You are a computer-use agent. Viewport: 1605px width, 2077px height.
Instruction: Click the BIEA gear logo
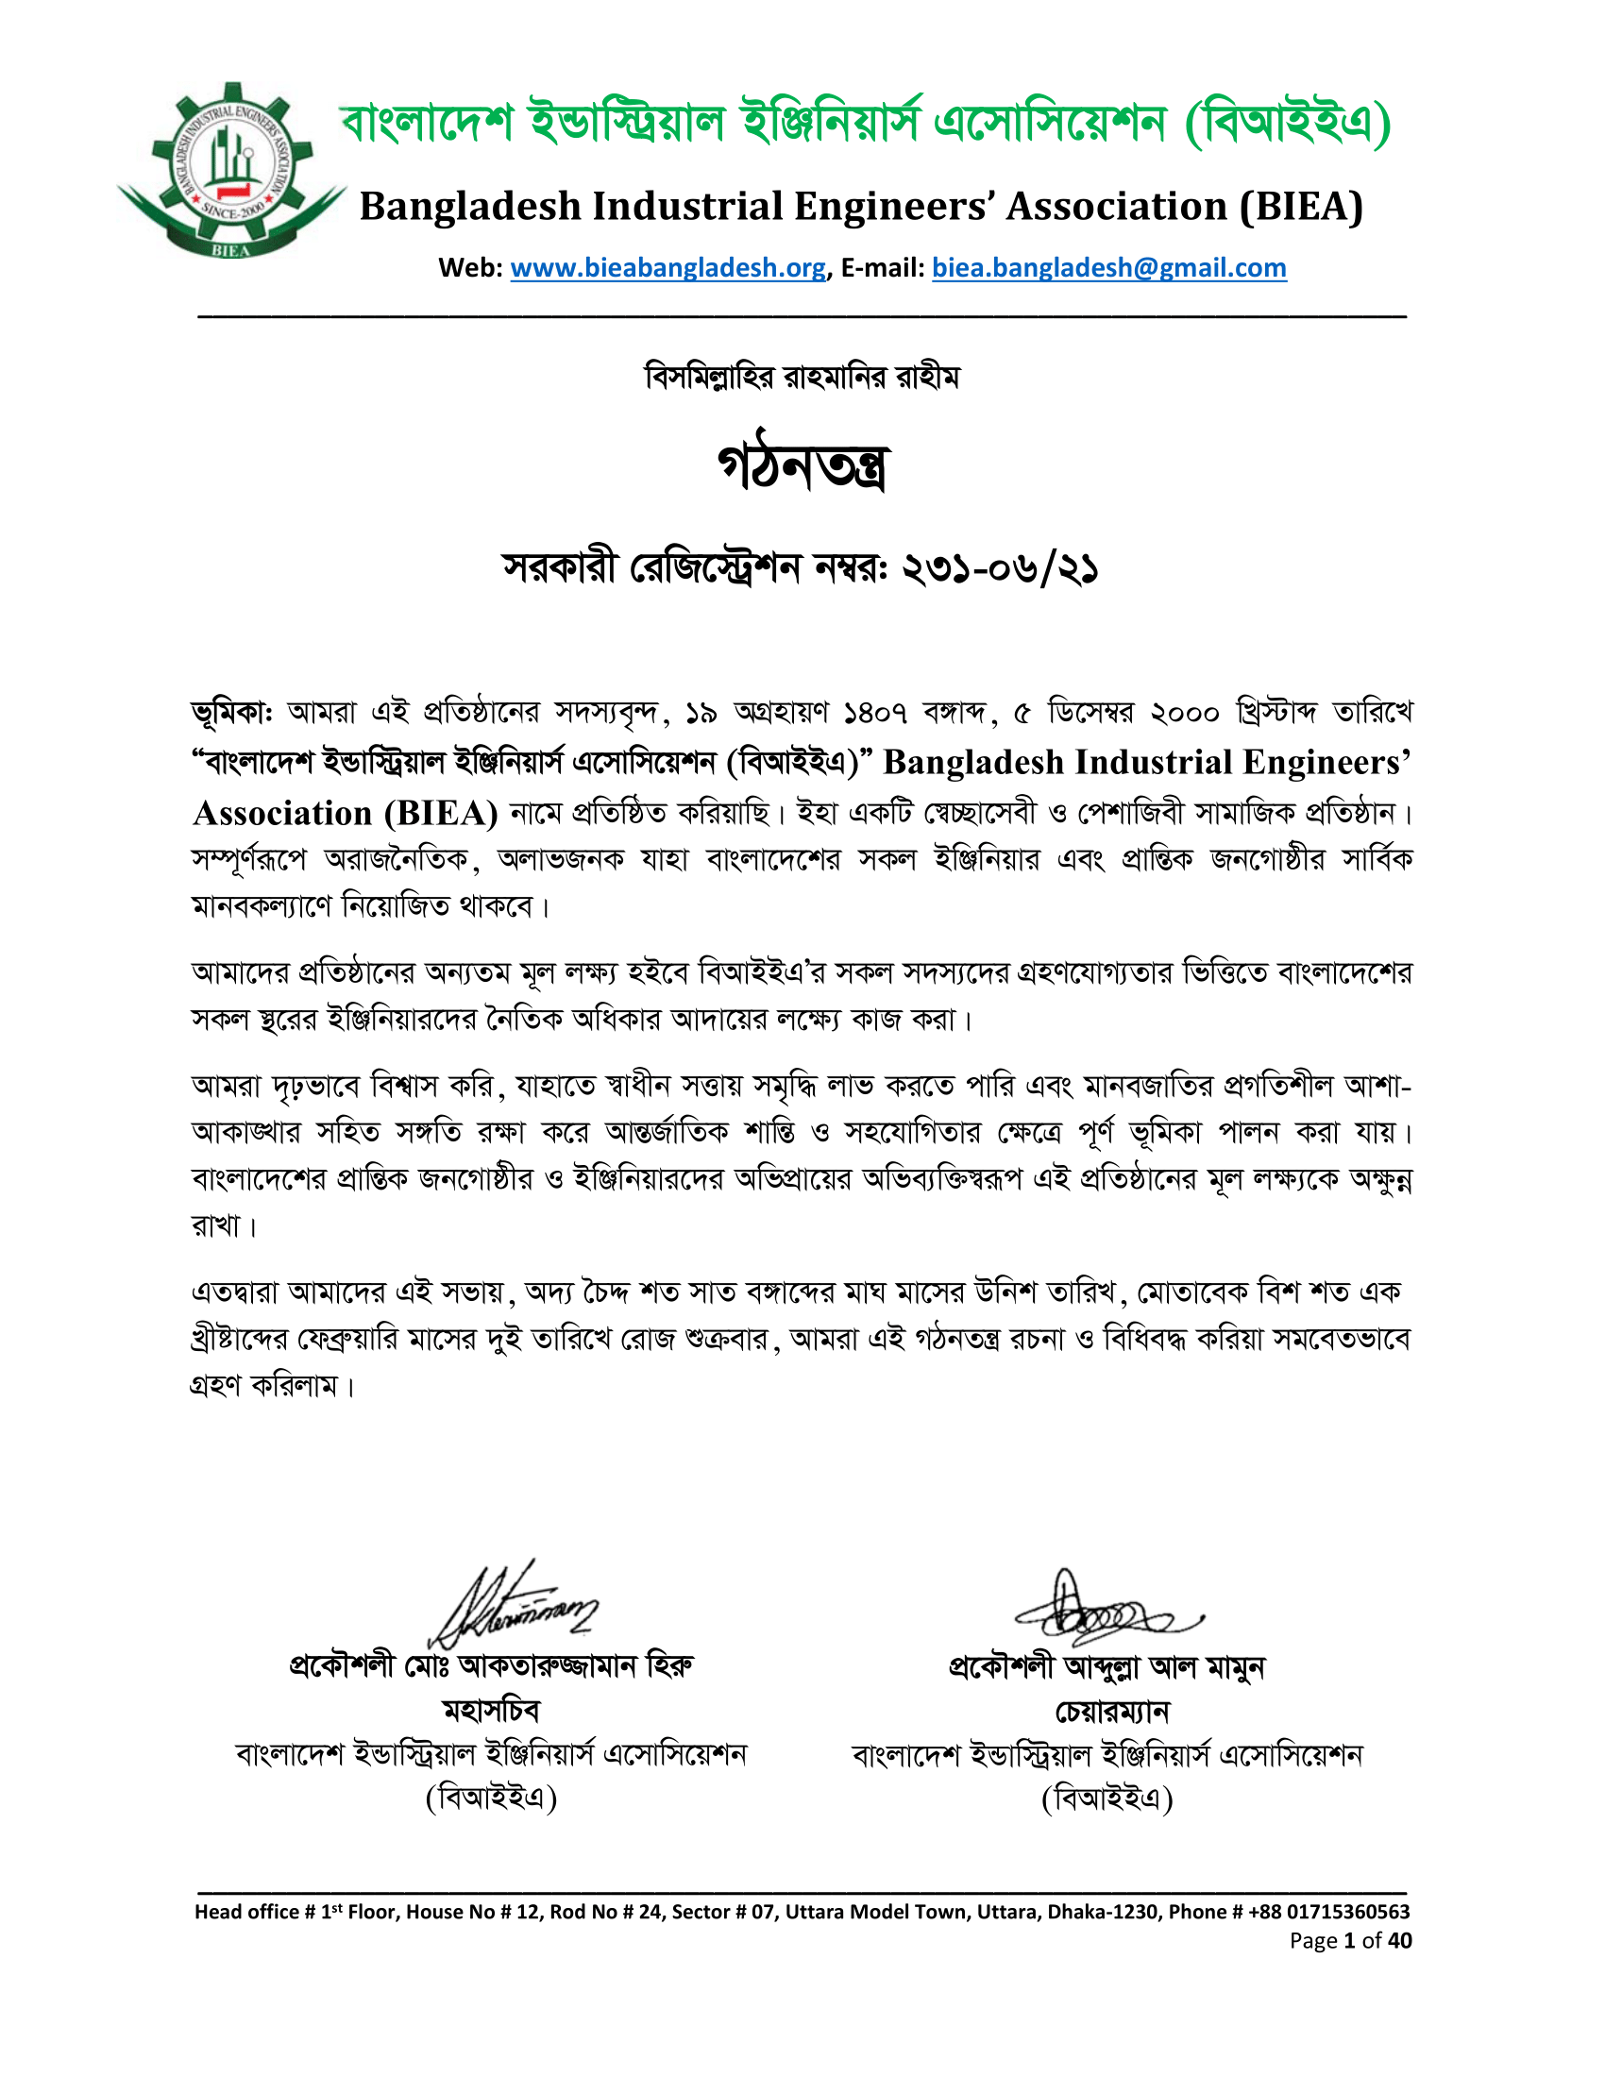[x=231, y=171]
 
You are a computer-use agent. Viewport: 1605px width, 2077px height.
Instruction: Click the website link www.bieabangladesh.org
[x=667, y=268]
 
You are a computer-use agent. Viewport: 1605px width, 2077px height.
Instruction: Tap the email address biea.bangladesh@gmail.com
[x=1108, y=268]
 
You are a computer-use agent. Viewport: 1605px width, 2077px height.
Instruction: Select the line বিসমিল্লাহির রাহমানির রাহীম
[x=802, y=377]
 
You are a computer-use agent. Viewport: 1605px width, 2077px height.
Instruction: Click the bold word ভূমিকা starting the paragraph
[x=230, y=712]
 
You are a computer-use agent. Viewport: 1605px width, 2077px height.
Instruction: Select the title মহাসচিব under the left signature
[x=492, y=1711]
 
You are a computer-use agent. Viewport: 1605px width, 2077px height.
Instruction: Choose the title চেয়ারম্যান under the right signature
[x=1111, y=1712]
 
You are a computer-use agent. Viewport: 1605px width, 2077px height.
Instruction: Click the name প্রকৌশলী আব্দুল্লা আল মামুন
[x=1107, y=1667]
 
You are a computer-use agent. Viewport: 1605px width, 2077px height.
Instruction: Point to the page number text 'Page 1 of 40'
[x=1350, y=1941]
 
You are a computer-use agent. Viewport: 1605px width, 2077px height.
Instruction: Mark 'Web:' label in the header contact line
[x=470, y=268]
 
